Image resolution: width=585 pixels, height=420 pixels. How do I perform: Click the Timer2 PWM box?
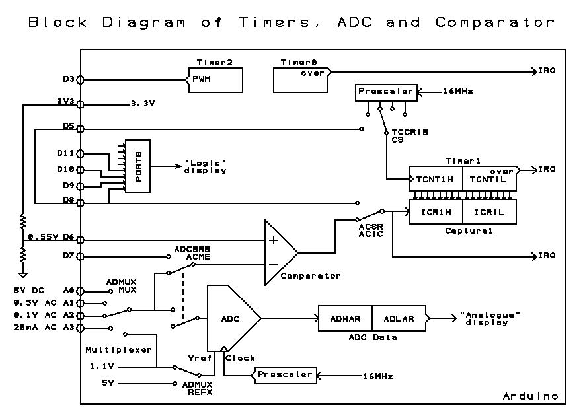tap(214, 81)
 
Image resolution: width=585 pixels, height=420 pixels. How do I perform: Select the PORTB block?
tap(138, 166)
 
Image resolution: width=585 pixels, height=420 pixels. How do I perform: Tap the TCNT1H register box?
tap(435, 178)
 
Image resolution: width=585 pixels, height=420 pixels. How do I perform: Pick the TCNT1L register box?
tap(489, 178)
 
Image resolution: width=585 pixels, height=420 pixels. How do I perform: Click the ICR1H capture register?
tap(435, 212)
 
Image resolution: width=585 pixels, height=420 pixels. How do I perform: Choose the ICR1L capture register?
tap(489, 212)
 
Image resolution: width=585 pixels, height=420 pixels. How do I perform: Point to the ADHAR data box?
tap(345, 318)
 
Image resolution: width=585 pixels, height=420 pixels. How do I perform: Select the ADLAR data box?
tap(399, 318)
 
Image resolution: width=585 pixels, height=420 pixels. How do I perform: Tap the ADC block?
tap(231, 318)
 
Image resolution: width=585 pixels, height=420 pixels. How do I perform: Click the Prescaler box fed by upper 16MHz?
tap(386, 92)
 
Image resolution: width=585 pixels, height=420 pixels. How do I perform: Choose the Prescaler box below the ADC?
tap(284, 375)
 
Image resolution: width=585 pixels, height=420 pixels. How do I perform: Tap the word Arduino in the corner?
tap(530, 396)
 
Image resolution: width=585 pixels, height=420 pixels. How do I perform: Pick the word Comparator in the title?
tap(494, 22)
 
